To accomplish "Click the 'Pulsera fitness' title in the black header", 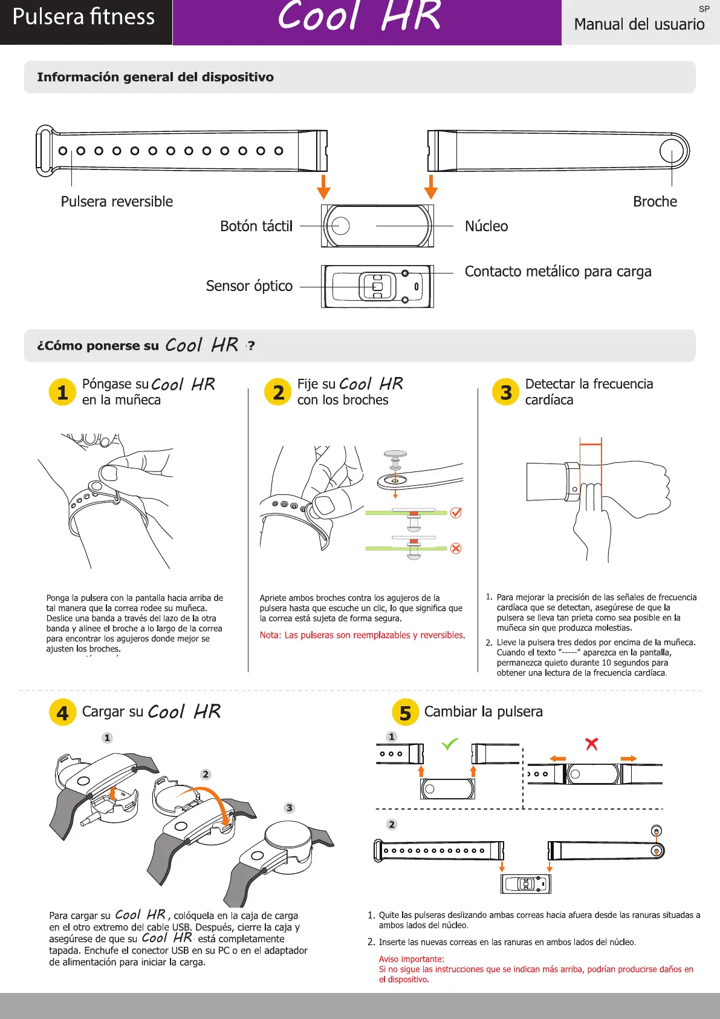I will point(83,17).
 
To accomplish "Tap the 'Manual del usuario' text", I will point(639,24).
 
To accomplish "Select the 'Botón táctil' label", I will point(256,226).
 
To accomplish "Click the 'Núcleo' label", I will point(486,226).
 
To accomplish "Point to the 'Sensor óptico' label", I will point(249,286).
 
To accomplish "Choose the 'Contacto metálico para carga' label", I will point(557,272).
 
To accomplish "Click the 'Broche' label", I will point(655,202).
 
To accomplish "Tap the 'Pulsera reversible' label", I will point(117,202).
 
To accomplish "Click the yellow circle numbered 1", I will point(62,392).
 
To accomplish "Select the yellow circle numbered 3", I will point(506,392).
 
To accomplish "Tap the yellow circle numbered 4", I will point(62,712).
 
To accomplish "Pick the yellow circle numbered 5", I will point(405,712).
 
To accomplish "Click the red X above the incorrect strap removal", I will point(591,744).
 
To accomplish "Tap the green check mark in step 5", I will point(450,744).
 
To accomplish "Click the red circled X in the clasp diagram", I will point(456,548).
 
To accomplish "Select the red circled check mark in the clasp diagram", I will point(456,513).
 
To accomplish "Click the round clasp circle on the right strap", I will point(671,151).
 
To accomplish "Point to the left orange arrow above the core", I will point(324,187).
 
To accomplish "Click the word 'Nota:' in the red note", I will point(270,635).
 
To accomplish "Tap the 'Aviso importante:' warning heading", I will point(411,959).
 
